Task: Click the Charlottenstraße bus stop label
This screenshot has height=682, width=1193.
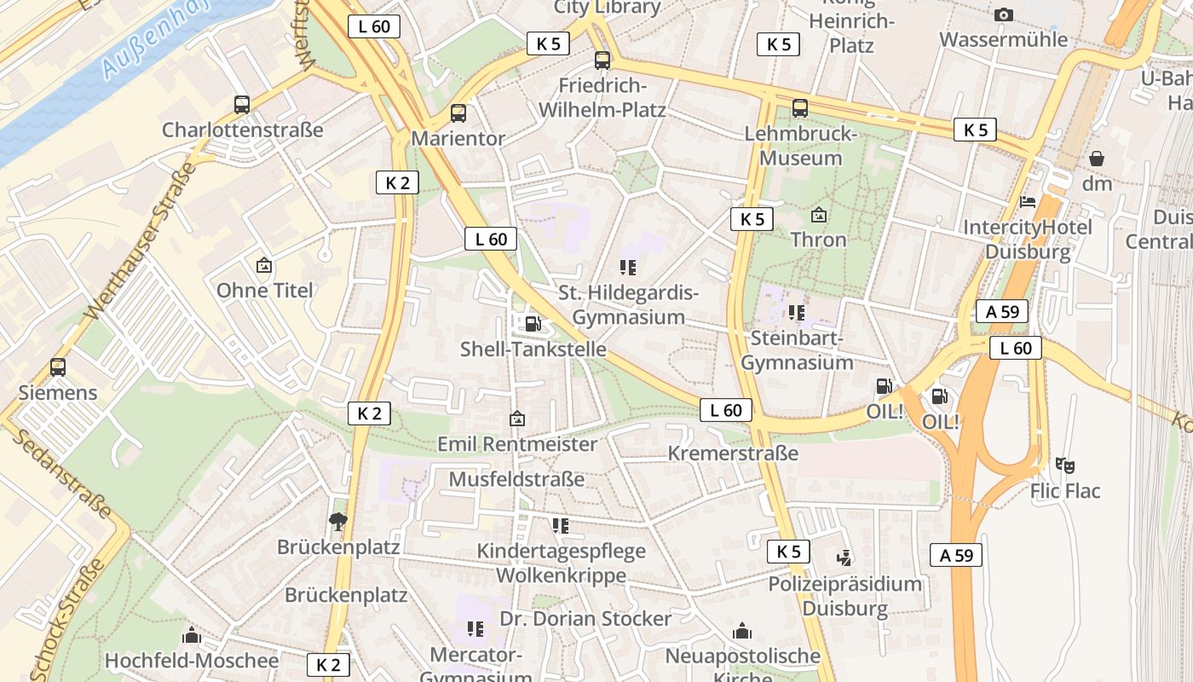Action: (243, 130)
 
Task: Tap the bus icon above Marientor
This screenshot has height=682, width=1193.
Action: (458, 113)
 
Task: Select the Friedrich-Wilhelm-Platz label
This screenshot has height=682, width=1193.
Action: (602, 98)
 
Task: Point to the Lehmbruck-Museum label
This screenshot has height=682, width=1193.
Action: (800, 146)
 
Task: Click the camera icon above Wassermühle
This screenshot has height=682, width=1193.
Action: (1004, 15)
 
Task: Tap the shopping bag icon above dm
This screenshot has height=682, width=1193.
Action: (1097, 159)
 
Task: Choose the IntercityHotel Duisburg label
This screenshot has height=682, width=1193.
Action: (1027, 240)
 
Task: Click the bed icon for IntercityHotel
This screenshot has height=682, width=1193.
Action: (1029, 202)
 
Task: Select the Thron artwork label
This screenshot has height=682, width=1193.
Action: (818, 240)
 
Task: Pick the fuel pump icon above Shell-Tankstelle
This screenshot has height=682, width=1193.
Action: (533, 324)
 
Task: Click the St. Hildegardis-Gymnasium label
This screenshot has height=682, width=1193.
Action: (629, 305)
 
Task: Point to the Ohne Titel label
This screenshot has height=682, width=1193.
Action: (264, 290)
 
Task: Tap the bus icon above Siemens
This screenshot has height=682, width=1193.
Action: (58, 367)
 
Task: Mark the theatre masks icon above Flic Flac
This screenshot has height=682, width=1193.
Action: (1064, 465)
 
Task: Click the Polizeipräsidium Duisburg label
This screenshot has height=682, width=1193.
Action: (844, 596)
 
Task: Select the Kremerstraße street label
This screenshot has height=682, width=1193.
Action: (733, 453)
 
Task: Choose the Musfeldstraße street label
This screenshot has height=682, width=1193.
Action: (516, 479)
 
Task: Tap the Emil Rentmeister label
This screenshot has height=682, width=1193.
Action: (517, 444)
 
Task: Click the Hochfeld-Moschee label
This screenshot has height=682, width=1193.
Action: (192, 661)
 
